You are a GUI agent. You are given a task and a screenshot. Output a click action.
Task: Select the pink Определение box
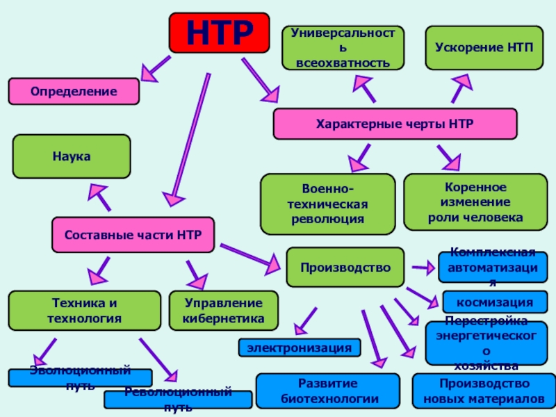point(73,92)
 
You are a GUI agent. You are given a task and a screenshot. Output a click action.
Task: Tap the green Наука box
point(72,156)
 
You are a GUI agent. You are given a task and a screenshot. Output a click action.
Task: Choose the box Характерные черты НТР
point(395,124)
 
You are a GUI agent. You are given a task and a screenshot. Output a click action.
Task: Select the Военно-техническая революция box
point(327,204)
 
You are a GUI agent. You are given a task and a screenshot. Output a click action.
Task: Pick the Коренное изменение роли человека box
point(475,202)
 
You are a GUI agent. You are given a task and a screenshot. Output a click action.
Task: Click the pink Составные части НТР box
point(133,235)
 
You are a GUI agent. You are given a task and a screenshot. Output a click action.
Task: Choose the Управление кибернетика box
point(223,311)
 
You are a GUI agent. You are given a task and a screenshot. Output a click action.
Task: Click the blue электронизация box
point(300,347)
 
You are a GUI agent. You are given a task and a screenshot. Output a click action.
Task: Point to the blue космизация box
point(494,302)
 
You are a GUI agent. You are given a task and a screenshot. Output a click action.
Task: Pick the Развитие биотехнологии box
point(327,391)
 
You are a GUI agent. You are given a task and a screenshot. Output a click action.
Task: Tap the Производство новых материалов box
point(484,391)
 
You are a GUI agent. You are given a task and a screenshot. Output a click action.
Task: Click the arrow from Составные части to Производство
point(248,254)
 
